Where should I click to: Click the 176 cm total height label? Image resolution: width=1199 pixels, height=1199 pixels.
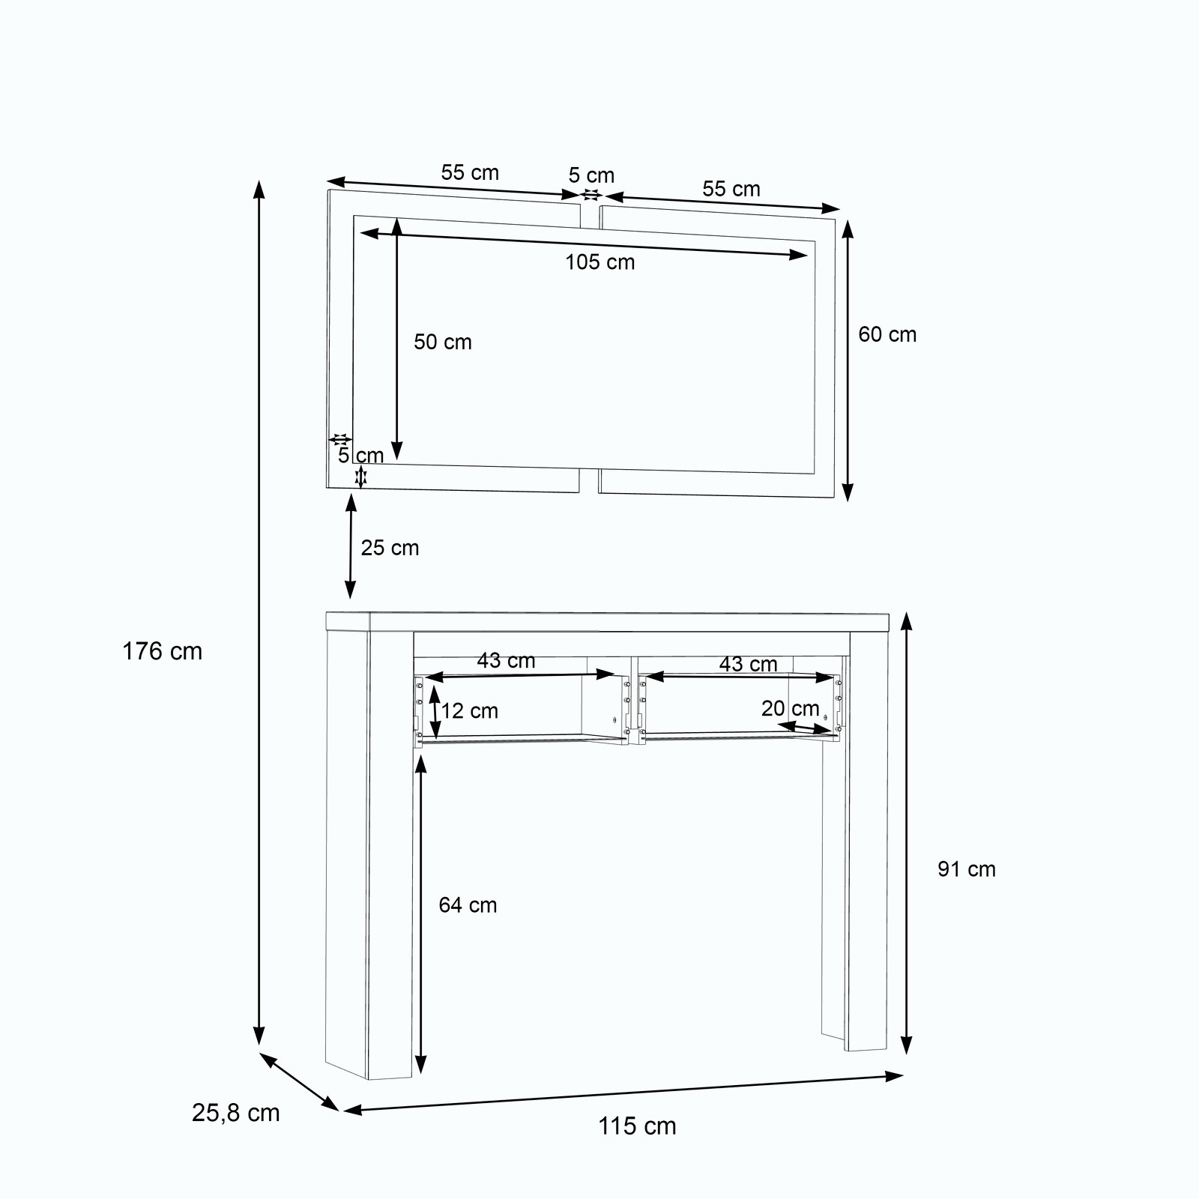pos(163,651)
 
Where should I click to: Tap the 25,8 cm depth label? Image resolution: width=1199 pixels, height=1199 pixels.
pos(236,1113)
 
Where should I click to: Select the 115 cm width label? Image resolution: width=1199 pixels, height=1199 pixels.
pos(637,1126)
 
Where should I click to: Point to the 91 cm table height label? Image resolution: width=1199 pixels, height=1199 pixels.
pos(967,869)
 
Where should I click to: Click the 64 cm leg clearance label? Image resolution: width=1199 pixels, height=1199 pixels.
pos(468,905)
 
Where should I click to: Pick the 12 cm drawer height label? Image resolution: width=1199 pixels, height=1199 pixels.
pos(470,711)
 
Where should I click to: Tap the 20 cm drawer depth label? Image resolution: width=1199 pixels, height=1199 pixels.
pos(791,708)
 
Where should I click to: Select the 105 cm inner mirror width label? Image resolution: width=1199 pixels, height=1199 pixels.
pos(599,262)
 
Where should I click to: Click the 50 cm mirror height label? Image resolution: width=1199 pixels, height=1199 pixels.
pos(443,342)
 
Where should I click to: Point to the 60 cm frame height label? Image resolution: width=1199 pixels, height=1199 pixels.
pos(887,334)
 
